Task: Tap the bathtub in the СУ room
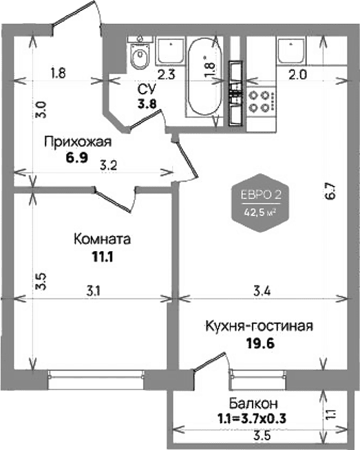tap(205, 78)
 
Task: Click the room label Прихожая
tap(78, 142)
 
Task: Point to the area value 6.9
tap(76, 158)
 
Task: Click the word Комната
tap(102, 239)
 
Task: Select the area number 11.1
tap(102, 256)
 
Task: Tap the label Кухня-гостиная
tap(260, 326)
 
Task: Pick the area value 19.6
tap(260, 343)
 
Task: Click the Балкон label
tap(253, 403)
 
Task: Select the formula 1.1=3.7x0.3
tap(251, 419)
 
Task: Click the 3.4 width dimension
tap(262, 292)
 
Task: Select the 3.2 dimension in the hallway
tap(108, 166)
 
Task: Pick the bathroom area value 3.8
tap(147, 103)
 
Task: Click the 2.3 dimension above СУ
tap(166, 74)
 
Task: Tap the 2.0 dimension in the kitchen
tap(298, 75)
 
